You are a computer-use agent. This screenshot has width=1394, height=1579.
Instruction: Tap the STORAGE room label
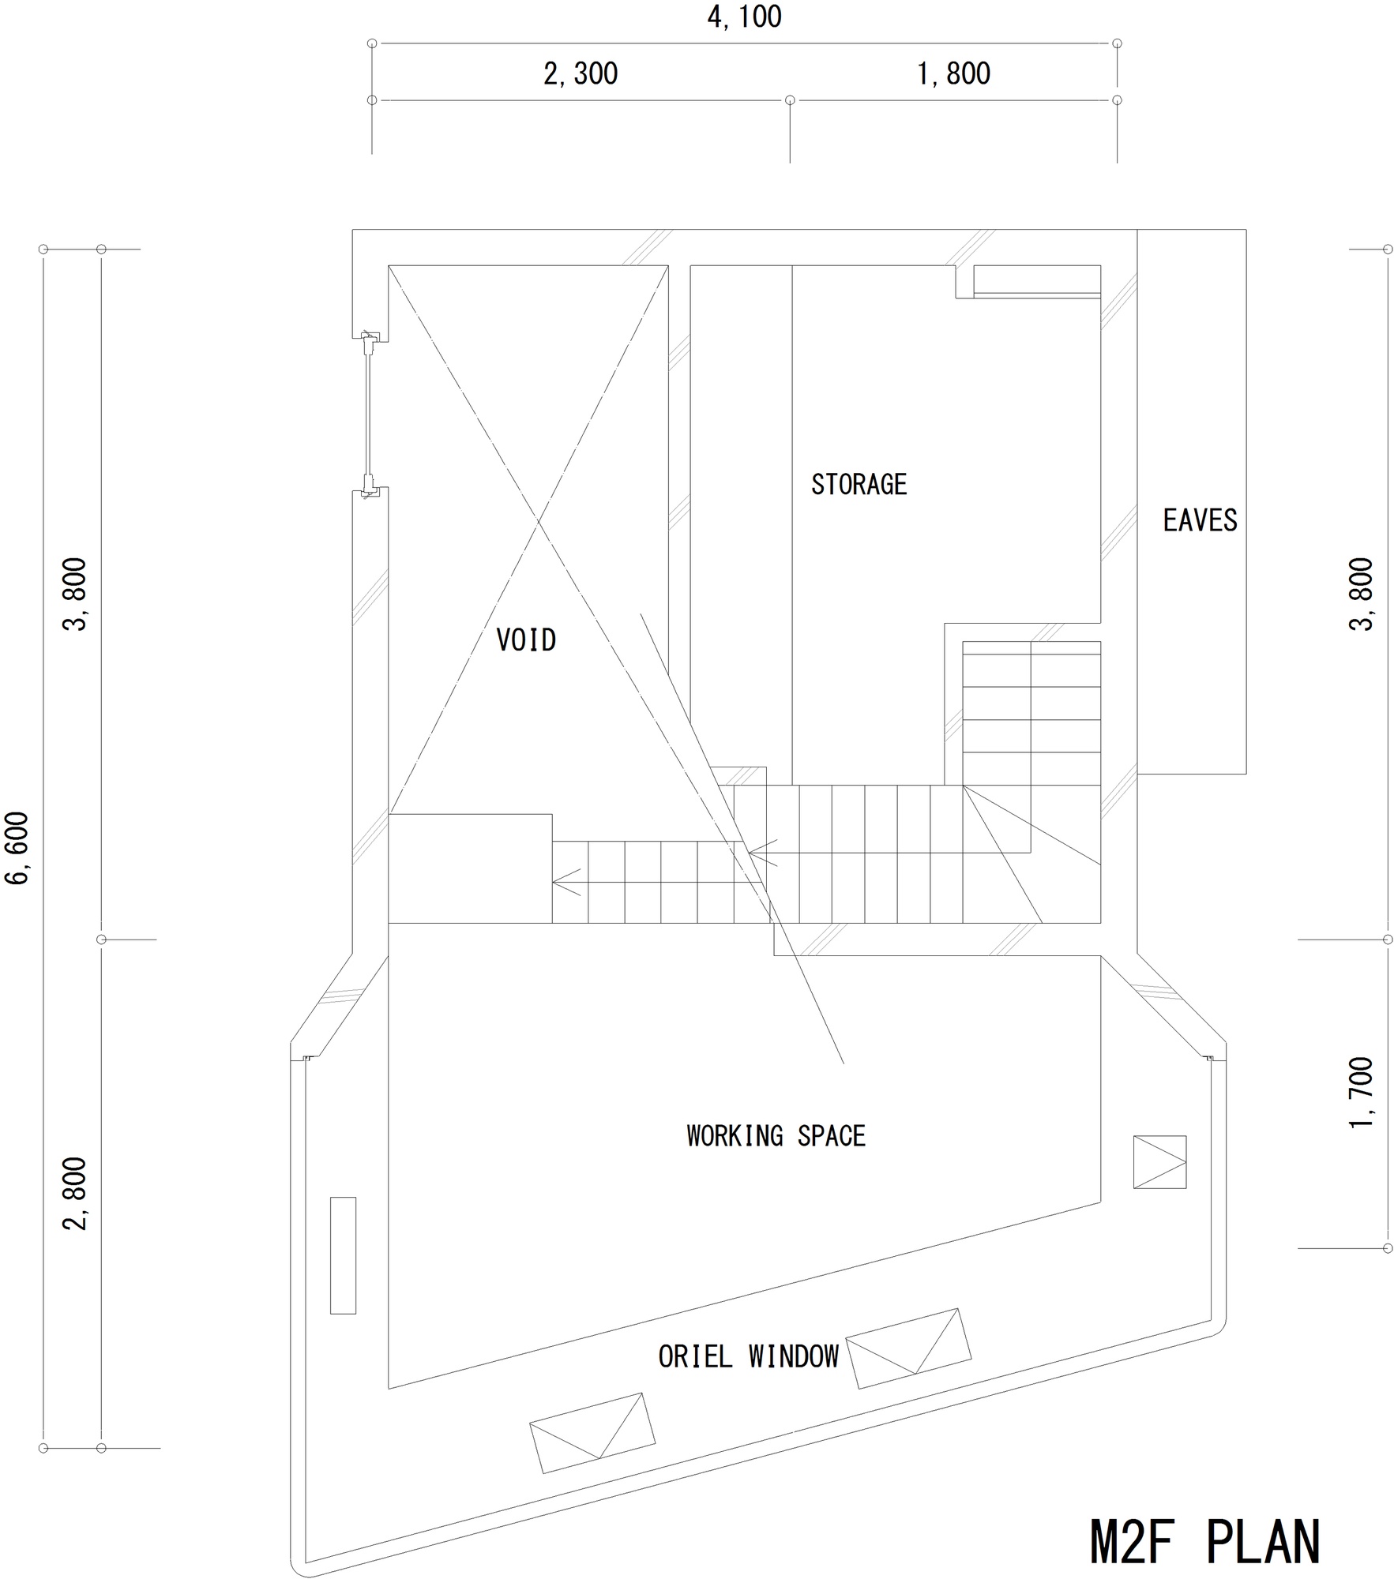click(x=859, y=484)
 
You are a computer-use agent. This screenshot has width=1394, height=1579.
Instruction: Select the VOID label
click(x=526, y=639)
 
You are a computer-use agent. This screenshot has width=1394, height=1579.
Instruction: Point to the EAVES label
click(x=1200, y=520)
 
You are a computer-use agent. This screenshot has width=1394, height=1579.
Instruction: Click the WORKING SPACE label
click(x=776, y=1135)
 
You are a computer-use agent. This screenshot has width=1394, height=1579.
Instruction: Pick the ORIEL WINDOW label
click(x=748, y=1356)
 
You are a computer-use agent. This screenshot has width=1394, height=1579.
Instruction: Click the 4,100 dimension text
click(x=744, y=17)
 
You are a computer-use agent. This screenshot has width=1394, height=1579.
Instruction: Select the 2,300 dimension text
click(x=581, y=73)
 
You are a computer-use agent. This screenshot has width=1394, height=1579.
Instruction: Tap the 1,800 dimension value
click(x=953, y=73)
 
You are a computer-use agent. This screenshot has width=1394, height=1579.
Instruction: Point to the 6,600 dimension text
click(x=17, y=848)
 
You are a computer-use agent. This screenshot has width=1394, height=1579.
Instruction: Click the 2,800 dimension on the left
click(x=77, y=1194)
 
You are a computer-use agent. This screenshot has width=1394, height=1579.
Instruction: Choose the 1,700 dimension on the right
click(x=1362, y=1093)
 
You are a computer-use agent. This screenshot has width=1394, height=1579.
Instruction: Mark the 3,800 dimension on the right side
click(x=1362, y=594)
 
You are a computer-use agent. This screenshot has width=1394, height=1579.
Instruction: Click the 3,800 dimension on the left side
click(x=77, y=594)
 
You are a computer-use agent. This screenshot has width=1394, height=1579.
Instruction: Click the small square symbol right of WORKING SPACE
click(x=1159, y=1162)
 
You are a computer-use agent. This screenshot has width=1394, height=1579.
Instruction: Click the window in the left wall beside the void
click(x=369, y=414)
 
